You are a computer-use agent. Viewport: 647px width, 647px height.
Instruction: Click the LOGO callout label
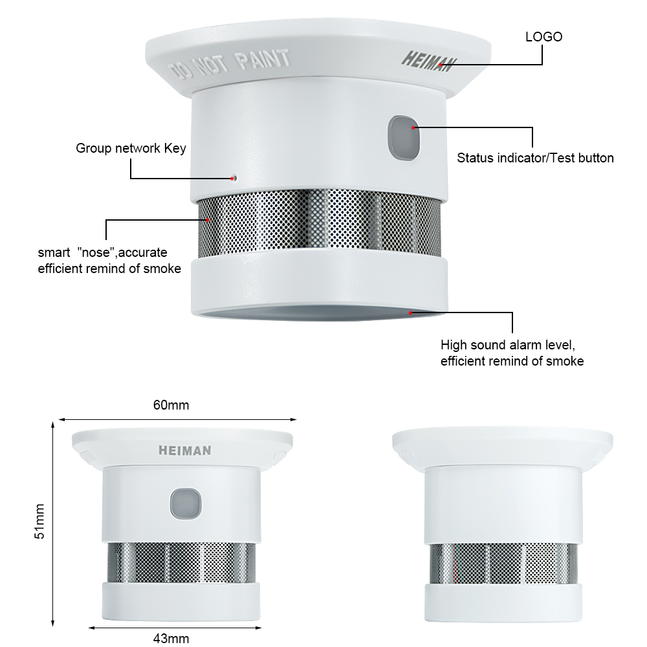(543, 37)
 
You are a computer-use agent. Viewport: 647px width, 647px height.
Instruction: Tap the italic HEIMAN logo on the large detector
(429, 61)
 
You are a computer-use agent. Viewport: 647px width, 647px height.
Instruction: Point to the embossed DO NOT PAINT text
(230, 64)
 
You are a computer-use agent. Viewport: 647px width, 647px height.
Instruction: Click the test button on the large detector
(404, 138)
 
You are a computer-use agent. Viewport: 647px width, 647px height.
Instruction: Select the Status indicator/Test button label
(535, 158)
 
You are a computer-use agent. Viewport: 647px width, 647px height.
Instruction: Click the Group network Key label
(131, 148)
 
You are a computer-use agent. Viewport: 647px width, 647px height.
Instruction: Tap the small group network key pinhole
(234, 179)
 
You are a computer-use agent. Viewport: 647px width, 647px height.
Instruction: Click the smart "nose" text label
(109, 260)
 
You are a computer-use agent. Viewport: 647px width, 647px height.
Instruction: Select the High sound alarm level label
(512, 353)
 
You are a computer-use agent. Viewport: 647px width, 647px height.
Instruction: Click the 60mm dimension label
(171, 405)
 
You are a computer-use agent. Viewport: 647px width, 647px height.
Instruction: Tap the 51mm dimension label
(39, 521)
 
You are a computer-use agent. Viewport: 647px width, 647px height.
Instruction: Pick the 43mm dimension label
(171, 639)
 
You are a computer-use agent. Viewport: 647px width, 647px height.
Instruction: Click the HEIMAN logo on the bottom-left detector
(185, 450)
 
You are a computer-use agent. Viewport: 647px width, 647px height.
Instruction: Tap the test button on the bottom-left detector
(186, 504)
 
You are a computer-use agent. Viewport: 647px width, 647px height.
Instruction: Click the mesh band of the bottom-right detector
(503, 564)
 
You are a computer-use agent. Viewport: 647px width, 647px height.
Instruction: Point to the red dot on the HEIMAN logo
(441, 65)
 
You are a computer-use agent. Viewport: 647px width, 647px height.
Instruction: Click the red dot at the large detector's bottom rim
(411, 313)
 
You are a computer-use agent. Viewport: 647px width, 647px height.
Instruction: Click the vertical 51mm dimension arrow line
(53, 524)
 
